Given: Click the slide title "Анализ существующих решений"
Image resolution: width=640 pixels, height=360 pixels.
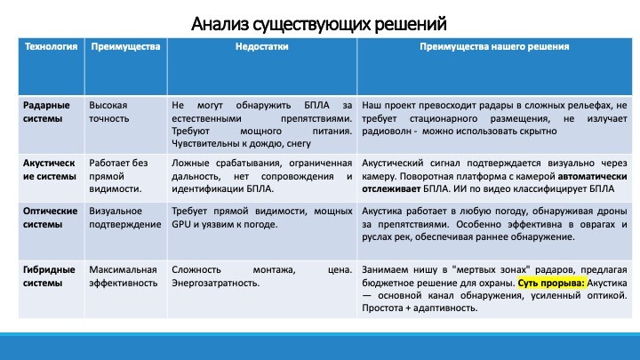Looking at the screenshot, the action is click(319, 25).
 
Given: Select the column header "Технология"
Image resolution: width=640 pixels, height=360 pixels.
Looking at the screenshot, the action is click(51, 46).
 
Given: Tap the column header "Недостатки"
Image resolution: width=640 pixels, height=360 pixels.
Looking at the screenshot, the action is click(261, 46).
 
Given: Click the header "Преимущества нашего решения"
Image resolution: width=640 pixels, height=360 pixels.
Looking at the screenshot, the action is click(494, 46).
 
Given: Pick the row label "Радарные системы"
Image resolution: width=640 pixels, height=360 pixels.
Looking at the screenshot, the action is click(46, 112).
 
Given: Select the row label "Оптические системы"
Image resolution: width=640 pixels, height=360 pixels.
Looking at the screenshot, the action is click(50, 218).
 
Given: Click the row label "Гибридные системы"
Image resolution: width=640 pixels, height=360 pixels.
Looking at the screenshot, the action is click(49, 276).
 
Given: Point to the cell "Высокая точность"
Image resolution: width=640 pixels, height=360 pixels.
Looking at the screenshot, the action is click(109, 112).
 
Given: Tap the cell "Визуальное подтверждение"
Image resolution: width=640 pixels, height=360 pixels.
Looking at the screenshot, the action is click(125, 218).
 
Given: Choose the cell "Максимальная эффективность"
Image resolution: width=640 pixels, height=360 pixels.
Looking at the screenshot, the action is click(123, 276).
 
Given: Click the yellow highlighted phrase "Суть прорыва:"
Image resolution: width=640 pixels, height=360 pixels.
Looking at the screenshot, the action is click(551, 283).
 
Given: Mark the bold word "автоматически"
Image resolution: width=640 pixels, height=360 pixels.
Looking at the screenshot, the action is click(592, 176).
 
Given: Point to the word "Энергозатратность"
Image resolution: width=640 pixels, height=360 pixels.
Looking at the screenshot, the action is click(215, 283).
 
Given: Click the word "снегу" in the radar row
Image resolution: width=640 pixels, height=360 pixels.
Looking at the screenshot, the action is click(299, 144).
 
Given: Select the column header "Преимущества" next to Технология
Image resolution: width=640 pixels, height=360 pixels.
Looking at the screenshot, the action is click(125, 46).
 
